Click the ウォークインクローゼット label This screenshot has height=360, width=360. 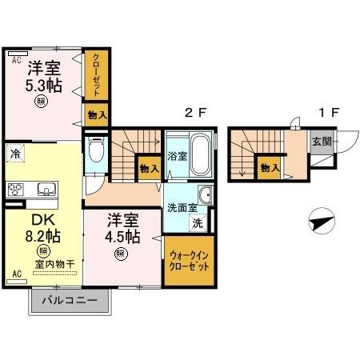(190, 263)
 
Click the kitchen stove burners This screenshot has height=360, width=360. (15, 190)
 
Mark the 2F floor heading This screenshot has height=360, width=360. (197, 113)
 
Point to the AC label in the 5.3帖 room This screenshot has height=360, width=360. (16, 59)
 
